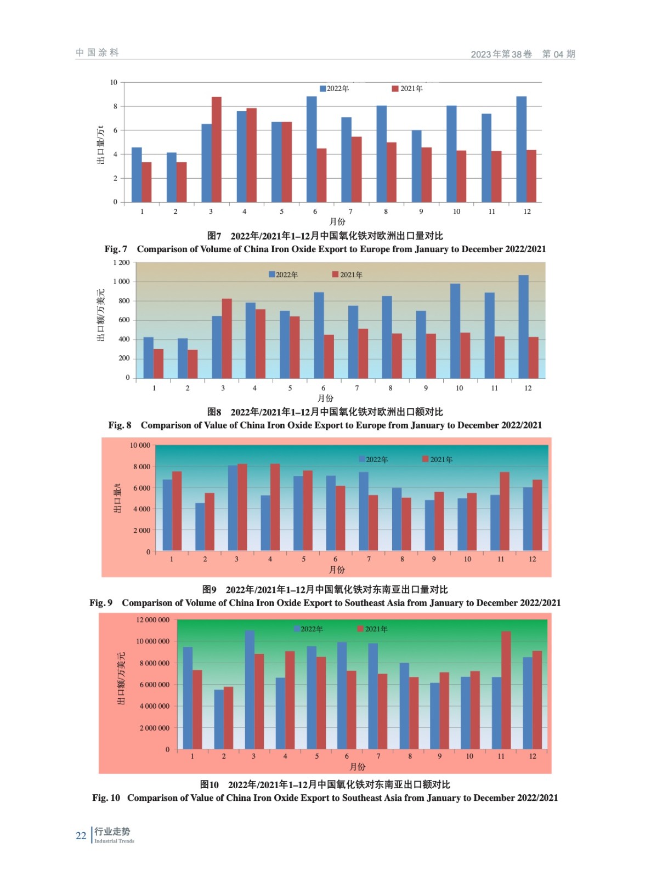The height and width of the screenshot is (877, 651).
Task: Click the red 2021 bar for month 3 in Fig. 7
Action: [217, 150]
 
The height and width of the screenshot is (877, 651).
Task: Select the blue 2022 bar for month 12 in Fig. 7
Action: [521, 150]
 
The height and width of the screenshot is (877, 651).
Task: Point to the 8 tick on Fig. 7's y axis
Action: [115, 106]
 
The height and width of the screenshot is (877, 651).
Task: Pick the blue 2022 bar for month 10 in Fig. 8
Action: [455, 331]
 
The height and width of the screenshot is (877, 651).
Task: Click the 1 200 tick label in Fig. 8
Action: [122, 263]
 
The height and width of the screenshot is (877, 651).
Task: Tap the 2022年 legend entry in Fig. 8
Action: [283, 275]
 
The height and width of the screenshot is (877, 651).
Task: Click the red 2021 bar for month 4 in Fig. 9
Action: [275, 507]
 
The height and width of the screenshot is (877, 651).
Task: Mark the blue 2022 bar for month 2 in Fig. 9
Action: [200, 527]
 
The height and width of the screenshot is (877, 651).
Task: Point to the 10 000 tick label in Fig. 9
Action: [140, 445]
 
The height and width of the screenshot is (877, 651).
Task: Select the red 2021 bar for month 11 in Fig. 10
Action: [506, 690]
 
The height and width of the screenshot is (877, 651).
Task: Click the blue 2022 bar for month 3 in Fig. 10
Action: [250, 690]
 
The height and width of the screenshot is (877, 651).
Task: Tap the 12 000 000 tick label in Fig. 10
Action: [153, 620]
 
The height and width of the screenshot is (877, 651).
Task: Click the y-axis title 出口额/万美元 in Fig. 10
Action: [121, 679]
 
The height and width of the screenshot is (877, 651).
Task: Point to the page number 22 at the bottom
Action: [81, 836]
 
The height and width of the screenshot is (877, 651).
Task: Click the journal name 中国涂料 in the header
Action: [98, 53]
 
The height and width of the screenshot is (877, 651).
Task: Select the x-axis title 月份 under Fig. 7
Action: [337, 221]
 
